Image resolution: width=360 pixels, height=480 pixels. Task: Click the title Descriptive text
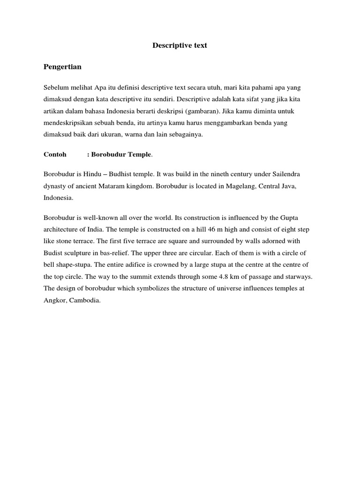click(180, 45)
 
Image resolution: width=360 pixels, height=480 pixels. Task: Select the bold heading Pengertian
click(62, 67)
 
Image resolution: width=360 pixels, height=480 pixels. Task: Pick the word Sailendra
click(285, 174)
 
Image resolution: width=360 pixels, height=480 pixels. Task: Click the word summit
click(99, 277)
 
